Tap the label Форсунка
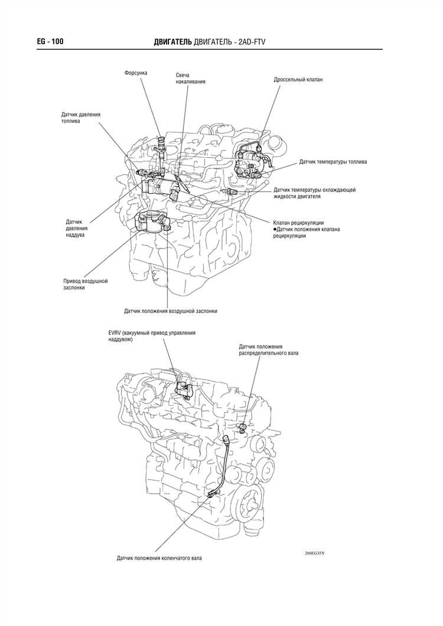(135, 73)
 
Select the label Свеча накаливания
(190, 79)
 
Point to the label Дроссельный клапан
(298, 79)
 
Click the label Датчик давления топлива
(81, 117)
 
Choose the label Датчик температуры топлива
(333, 161)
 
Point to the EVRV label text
(152, 336)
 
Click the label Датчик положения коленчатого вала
(159, 557)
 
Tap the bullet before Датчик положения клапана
(275, 229)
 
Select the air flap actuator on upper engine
(151, 223)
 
